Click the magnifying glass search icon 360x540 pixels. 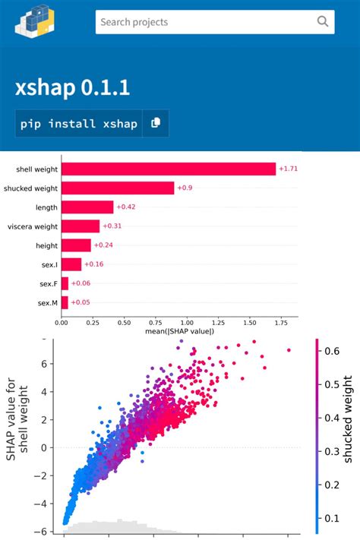[x=323, y=22]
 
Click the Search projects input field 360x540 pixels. [x=205, y=22]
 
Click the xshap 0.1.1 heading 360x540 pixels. [x=73, y=88]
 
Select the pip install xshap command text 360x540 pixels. [x=79, y=123]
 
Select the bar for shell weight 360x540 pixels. [x=168, y=169]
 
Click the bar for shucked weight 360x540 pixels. [x=118, y=188]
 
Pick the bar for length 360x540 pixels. [x=87, y=207]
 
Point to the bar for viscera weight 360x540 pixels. [x=81, y=226]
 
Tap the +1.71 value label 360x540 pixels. [x=288, y=169]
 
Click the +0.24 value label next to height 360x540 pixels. [x=103, y=245]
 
